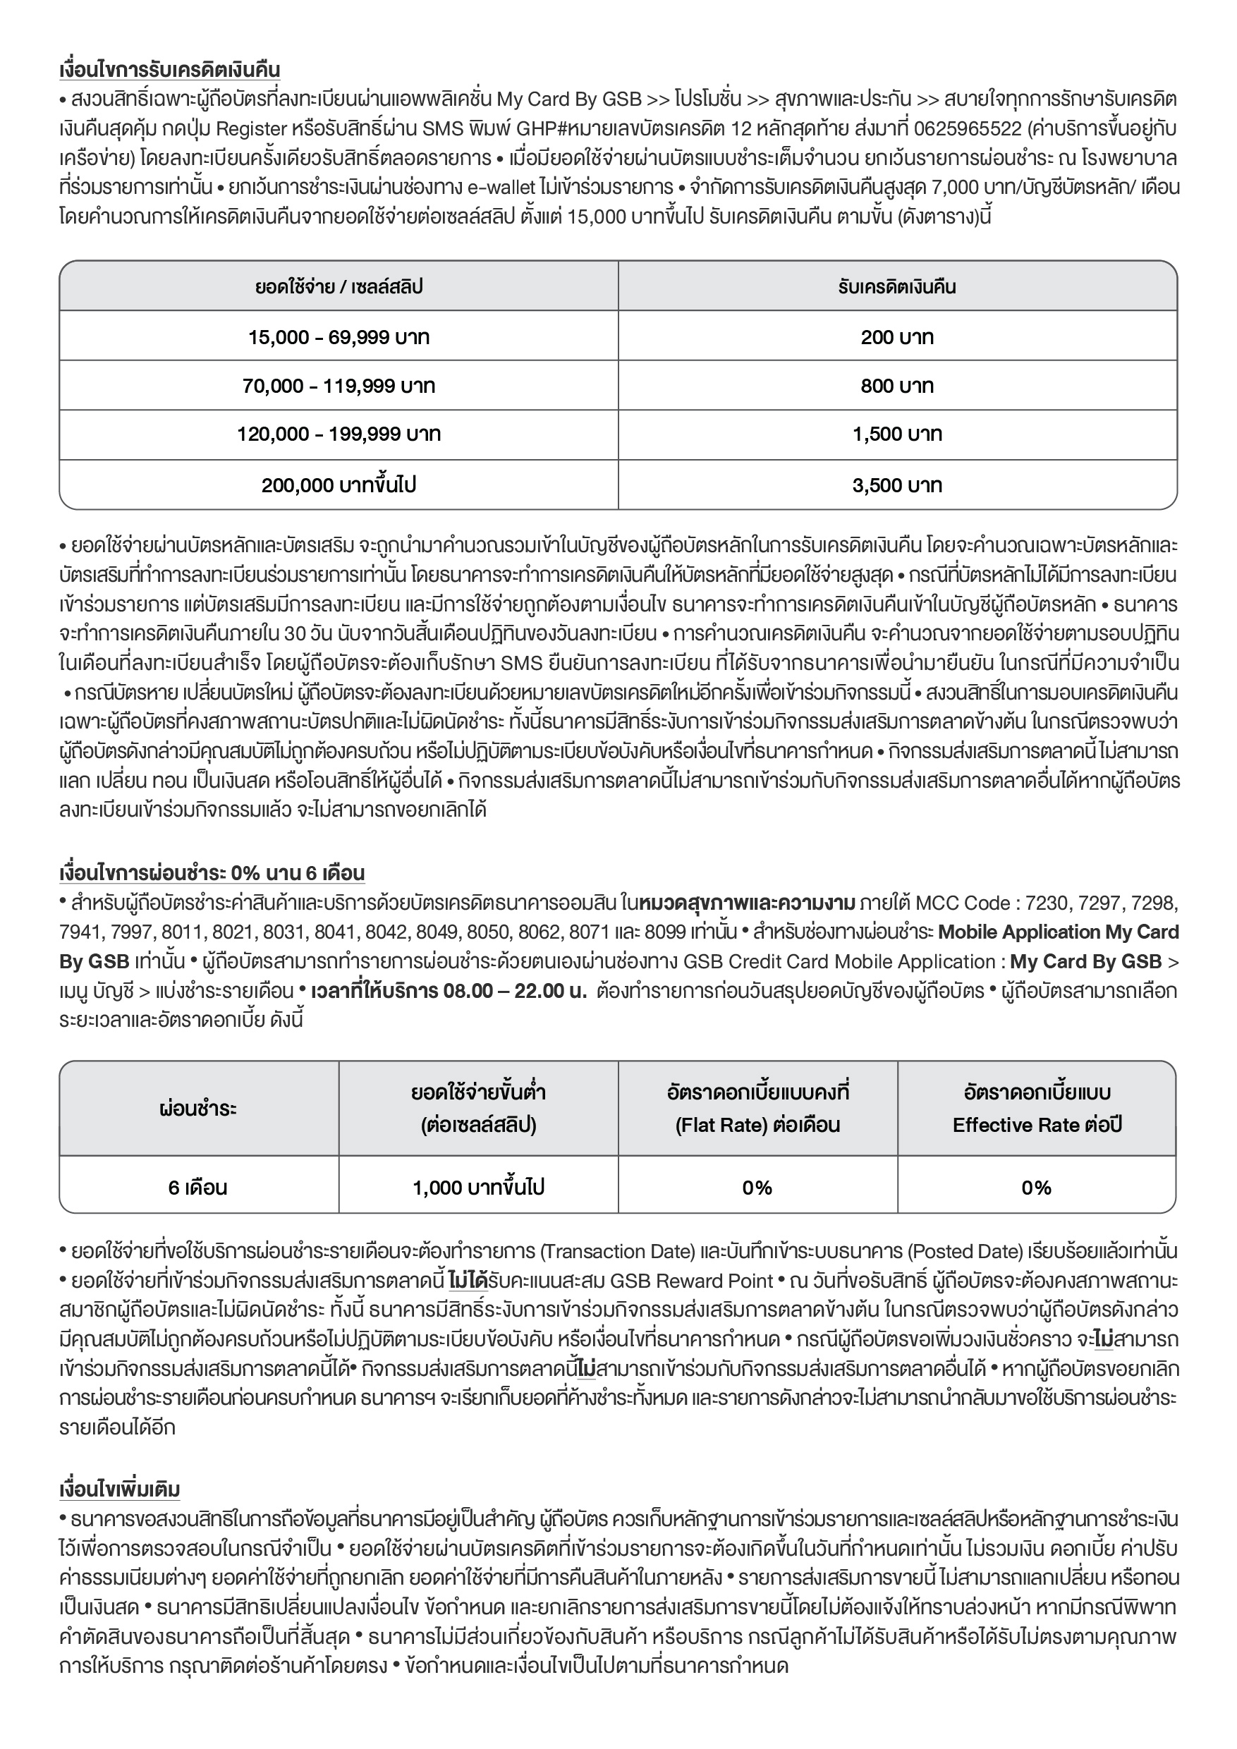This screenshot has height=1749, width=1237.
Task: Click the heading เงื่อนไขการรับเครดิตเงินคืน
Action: click(169, 70)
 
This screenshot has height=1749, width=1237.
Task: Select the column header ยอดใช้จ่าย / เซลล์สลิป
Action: click(339, 287)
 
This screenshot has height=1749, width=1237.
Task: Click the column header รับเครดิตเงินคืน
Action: click(896, 287)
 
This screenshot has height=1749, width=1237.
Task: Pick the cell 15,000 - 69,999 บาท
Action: click(339, 336)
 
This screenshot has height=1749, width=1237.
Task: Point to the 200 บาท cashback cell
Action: click(896, 336)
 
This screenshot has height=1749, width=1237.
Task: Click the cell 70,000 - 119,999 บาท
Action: click(339, 386)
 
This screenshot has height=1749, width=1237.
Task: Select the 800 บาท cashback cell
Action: click(896, 386)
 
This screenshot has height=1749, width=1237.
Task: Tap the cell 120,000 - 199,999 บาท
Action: click(339, 435)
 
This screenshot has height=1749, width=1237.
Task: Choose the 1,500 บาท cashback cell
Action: click(896, 435)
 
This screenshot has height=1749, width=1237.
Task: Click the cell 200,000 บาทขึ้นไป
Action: click(339, 485)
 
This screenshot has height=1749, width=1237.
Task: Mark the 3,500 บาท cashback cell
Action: click(896, 485)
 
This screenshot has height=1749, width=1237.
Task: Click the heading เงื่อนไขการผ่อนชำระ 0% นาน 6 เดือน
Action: click(212, 873)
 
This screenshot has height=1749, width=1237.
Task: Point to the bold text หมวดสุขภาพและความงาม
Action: click(748, 904)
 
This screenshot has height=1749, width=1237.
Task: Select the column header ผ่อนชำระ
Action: click(198, 1109)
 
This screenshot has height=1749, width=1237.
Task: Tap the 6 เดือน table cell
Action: click(198, 1188)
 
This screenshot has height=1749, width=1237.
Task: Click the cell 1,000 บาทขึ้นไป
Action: click(477, 1188)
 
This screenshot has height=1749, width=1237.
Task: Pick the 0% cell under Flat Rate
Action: click(757, 1188)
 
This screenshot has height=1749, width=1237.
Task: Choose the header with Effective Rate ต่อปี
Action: click(1036, 1109)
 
